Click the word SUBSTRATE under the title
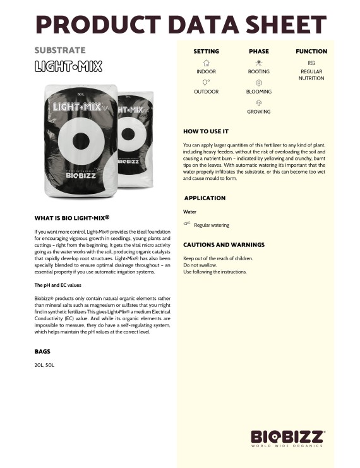(59, 50)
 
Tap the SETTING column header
(206, 51)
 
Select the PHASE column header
(258, 51)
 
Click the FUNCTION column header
(311, 51)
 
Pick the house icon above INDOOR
(206, 63)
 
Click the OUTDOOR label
(206, 92)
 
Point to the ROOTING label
(258, 72)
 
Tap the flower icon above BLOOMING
(258, 83)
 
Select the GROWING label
(258, 112)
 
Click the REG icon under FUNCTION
(311, 63)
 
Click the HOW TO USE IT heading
(205, 131)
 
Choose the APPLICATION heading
(205, 198)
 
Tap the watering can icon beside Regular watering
(187, 224)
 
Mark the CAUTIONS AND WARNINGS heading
(224, 244)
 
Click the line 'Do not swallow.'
(199, 265)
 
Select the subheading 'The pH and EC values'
(58, 285)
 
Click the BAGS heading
(42, 351)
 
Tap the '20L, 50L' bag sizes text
(44, 365)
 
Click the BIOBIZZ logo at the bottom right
(288, 438)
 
